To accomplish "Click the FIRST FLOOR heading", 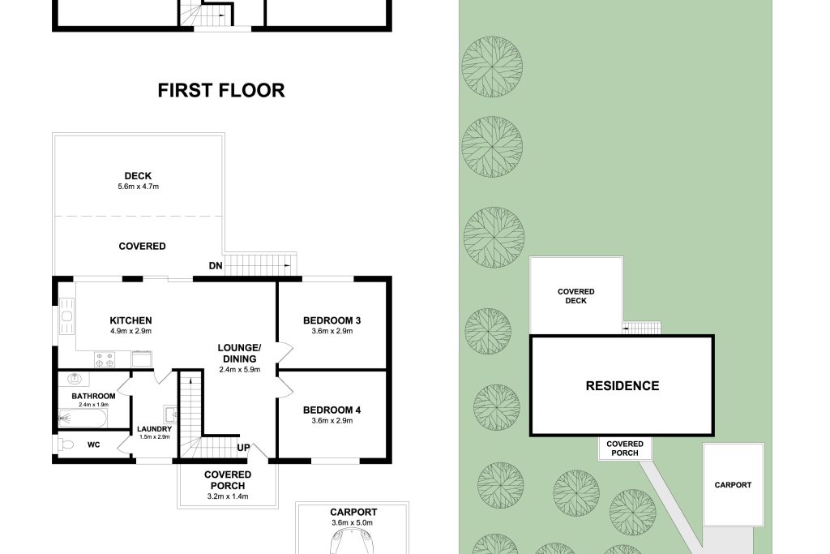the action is pos(221,90).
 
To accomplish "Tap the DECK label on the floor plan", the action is pos(138,176).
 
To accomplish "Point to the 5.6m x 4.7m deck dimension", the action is pos(138,187).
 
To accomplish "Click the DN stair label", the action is pos(216,266).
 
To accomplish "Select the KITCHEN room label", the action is pos(130,320).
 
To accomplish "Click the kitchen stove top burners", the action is pos(105,359).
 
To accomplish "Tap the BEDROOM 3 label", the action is pos(332,320).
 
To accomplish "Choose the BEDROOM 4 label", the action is pos(332,410).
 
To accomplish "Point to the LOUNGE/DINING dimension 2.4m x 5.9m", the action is pos(240,370).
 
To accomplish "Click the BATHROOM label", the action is pos(94,396).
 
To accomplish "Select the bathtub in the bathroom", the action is pos(83,419).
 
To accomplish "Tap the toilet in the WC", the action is pos(64,444).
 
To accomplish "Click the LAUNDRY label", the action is pos(155,429).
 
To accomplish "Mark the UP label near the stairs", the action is pos(243,448).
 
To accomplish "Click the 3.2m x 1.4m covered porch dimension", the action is pos(228,496).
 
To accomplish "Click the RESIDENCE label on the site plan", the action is pos(622,385).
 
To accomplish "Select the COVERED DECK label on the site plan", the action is pos(576,296).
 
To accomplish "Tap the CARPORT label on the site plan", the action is pos(733,484).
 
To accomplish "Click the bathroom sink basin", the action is pos(74,379).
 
